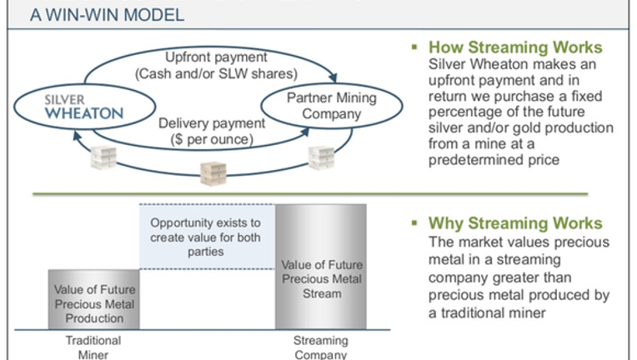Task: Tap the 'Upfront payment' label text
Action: [216, 57]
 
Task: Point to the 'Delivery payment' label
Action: [212, 123]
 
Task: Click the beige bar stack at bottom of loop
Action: [213, 173]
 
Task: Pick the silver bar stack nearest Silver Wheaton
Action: [103, 157]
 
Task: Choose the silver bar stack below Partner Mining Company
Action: [321, 157]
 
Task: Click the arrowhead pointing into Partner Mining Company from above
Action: [334, 77]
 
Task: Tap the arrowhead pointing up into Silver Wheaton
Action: [77, 136]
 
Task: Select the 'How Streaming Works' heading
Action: [515, 47]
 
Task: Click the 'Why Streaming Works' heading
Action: [515, 223]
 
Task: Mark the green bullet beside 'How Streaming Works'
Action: [414, 47]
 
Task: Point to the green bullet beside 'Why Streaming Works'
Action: [414, 222]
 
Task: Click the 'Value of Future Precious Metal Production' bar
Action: [94, 299]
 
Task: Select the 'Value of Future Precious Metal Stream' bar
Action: [321, 267]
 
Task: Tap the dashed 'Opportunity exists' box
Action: [207, 236]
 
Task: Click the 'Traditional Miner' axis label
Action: [93, 347]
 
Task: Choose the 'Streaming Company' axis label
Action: [321, 347]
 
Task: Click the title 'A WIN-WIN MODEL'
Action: [108, 15]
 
